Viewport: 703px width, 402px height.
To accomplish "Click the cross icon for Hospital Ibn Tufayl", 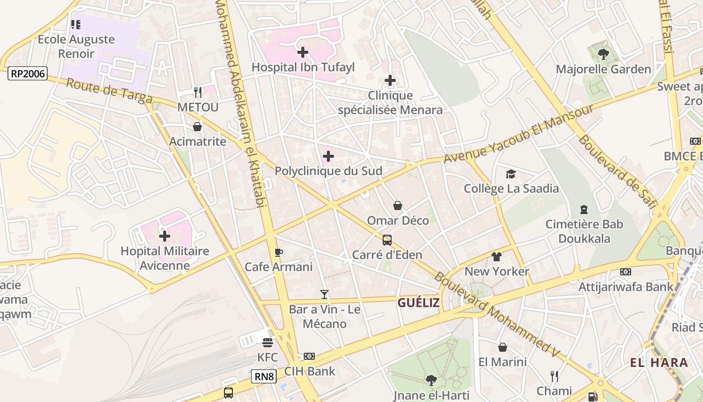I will [x=303, y=52].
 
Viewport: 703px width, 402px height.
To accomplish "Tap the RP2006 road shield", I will [x=28, y=74].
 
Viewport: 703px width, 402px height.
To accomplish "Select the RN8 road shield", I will [x=264, y=376].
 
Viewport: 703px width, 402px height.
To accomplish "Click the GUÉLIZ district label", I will [x=418, y=303].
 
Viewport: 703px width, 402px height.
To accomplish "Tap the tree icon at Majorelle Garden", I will [x=603, y=54].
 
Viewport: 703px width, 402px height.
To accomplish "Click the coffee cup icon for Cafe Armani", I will [x=279, y=252].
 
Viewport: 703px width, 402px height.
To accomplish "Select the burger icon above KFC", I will [x=268, y=342].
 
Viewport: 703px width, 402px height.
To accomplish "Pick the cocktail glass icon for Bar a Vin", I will [x=324, y=294].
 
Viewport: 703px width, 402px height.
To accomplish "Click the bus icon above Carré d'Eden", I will [x=387, y=240].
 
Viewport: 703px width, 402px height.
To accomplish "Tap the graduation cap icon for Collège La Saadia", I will [x=511, y=174].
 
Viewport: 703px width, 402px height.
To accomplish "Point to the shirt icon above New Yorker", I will [x=497, y=257].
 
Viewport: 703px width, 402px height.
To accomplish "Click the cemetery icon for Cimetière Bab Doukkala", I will [x=583, y=209].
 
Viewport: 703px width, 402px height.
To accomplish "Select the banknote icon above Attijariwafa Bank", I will [x=625, y=272].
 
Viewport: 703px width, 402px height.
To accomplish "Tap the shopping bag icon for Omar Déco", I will [x=398, y=206].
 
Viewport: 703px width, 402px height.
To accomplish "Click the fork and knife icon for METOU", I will [x=198, y=92].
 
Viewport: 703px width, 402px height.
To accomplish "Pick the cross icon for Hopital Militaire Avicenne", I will [x=165, y=236].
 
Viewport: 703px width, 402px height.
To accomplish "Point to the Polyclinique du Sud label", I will [x=328, y=171].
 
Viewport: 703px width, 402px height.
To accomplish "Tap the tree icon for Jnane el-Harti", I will [x=430, y=379].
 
